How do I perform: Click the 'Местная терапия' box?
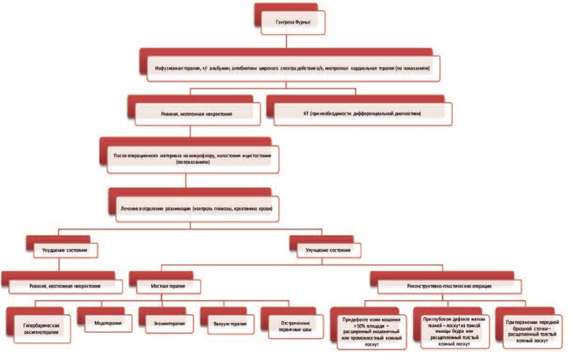168,286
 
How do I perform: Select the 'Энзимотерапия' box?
169,323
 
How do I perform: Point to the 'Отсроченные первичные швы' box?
293,326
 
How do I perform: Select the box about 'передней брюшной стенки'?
532,331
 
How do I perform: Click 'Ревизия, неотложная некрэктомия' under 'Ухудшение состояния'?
64,286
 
